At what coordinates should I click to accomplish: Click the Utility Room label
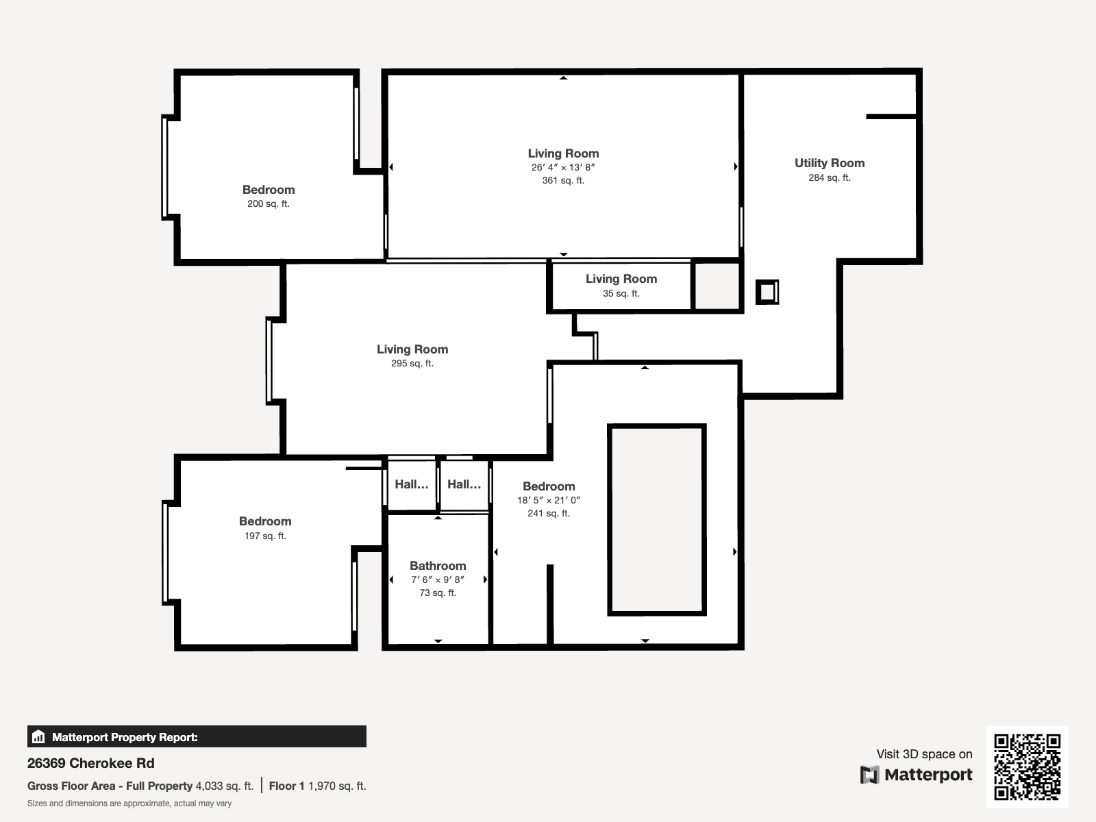pyautogui.click(x=830, y=163)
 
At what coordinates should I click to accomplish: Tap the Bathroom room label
pyautogui.click(x=438, y=566)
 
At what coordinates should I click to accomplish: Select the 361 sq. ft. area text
pyautogui.click(x=563, y=180)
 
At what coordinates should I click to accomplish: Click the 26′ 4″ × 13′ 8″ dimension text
pyautogui.click(x=563, y=167)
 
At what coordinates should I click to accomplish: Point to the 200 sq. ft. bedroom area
pyautogui.click(x=268, y=203)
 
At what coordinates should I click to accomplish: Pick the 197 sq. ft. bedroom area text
pyautogui.click(x=265, y=536)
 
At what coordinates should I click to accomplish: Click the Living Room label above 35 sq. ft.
pyautogui.click(x=621, y=279)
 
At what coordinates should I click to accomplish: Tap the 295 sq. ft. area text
pyautogui.click(x=412, y=363)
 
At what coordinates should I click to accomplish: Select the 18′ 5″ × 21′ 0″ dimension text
pyautogui.click(x=549, y=500)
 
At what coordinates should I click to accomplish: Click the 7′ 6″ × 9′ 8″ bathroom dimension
pyautogui.click(x=438, y=580)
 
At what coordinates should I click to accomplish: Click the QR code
pyautogui.click(x=1027, y=767)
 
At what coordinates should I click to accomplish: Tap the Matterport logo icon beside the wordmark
pyautogui.click(x=869, y=775)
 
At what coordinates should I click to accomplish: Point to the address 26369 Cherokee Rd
pyautogui.click(x=91, y=763)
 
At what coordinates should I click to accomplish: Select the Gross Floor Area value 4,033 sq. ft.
pyautogui.click(x=224, y=786)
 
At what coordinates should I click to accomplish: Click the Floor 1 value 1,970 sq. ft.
pyautogui.click(x=337, y=786)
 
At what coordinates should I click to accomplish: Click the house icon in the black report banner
pyautogui.click(x=38, y=736)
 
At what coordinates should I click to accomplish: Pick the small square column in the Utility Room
pyautogui.click(x=767, y=292)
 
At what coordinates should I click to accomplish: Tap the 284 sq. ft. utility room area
pyautogui.click(x=830, y=177)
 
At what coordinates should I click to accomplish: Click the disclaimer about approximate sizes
pyautogui.click(x=129, y=804)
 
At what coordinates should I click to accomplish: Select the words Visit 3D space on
pyautogui.click(x=924, y=754)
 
